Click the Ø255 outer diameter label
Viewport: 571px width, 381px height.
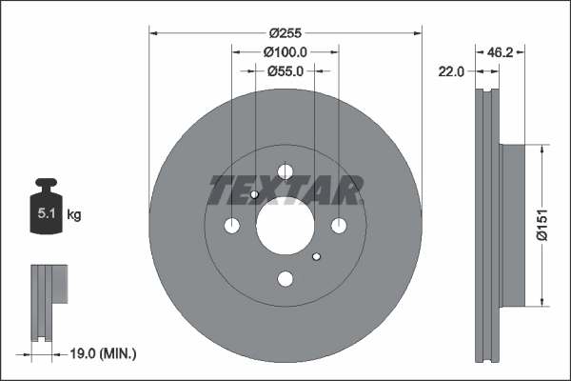pos(285,31)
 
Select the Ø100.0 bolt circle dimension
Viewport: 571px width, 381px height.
pos(285,51)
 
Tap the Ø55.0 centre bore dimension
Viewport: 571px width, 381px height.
pos(285,70)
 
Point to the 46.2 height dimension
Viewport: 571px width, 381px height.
pos(501,52)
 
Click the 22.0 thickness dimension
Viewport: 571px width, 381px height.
pos(450,71)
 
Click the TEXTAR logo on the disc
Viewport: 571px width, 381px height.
pos(285,190)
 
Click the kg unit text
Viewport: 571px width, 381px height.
pos(74,215)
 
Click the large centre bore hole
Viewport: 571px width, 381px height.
pos(285,226)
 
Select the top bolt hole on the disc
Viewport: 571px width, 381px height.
pos(285,171)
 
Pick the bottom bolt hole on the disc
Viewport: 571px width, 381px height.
pos(285,279)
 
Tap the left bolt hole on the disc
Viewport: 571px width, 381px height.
pos(232,226)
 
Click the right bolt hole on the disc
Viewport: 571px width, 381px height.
pos(339,226)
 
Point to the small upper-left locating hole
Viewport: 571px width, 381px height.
pos(255,195)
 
